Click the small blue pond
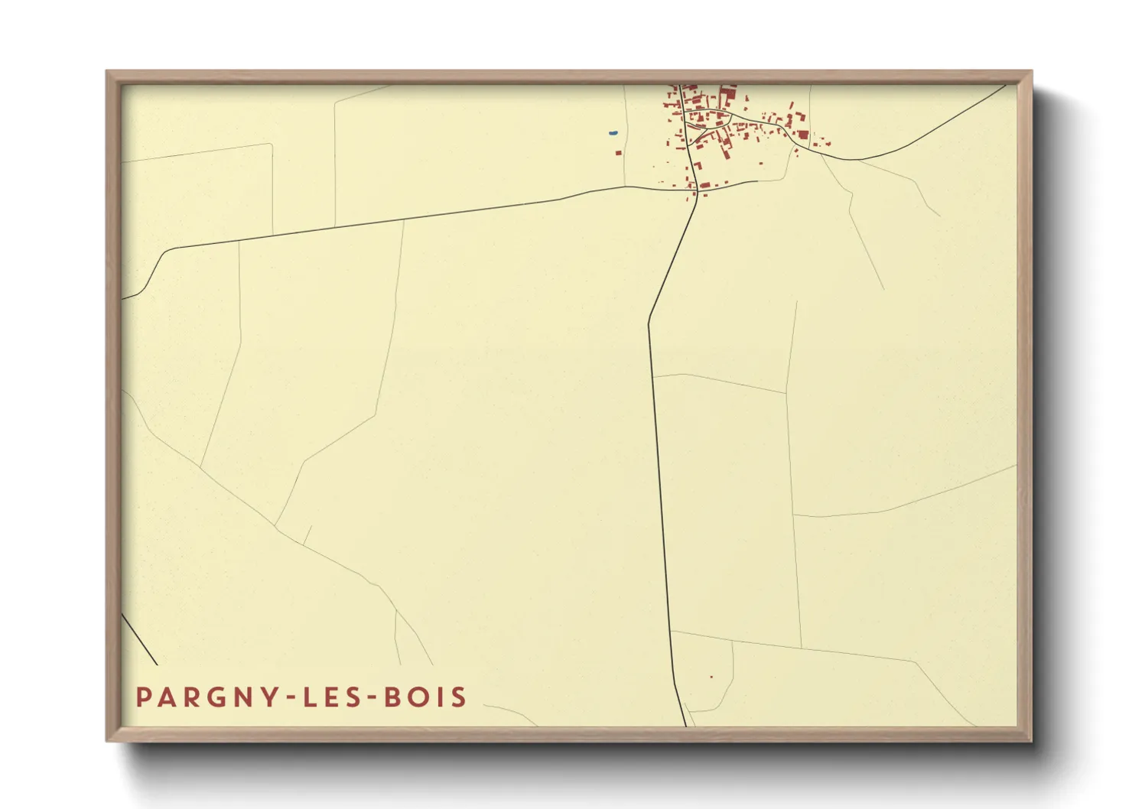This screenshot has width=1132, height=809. (613, 134)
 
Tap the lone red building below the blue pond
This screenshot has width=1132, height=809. (619, 153)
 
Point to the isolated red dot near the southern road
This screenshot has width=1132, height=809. (711, 677)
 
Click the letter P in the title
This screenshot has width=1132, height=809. (144, 697)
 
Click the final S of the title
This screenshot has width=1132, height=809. (459, 697)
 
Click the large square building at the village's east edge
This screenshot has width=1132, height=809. (803, 135)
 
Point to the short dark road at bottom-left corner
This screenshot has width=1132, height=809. (140, 639)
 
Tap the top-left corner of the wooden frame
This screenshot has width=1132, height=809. (108, 72)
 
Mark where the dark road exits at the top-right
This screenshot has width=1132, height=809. (1004, 86)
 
